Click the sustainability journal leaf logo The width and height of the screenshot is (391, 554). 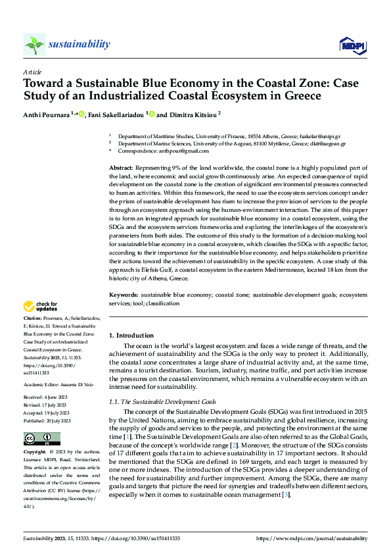pyautogui.click(x=34, y=45)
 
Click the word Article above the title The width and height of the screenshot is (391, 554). pyautogui.click(x=32, y=72)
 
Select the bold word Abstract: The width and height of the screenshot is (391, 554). pyautogui.click(x=121, y=169)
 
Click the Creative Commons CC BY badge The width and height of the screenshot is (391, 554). pyautogui.click(x=41, y=439)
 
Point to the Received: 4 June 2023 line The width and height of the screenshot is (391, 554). pyautogui.click(x=47, y=397)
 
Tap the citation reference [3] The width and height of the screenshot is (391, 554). pyautogui.click(x=285, y=495)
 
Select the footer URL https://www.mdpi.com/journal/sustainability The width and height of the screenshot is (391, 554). pyautogui.click(x=311, y=538)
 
